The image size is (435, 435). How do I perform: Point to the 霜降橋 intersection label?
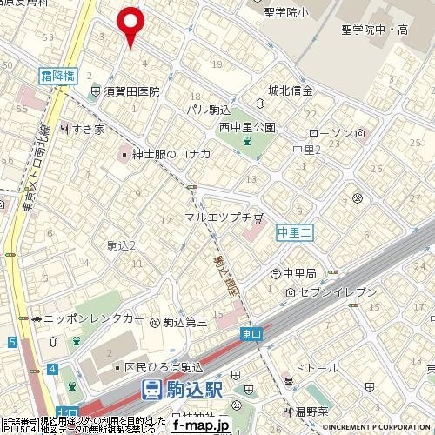pos(59,76)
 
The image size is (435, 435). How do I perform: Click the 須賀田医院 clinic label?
pos(130,90)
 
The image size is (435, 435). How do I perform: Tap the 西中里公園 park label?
pos(247,127)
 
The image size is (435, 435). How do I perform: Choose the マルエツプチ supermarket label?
pos(217,216)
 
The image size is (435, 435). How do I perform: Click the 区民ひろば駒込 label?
pos(164,367)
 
